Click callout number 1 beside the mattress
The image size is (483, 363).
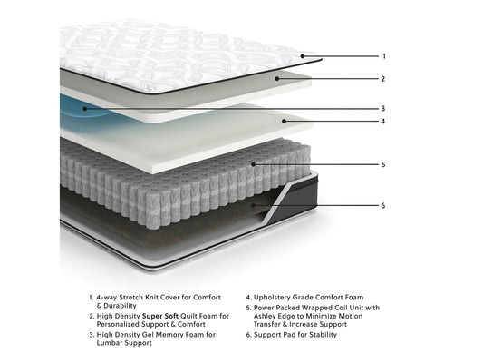384,56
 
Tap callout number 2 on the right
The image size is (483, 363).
383,79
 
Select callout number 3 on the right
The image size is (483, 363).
383,109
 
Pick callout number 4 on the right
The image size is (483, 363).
383,122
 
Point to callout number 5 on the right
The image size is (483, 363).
383,164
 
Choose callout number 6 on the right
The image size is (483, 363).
383,205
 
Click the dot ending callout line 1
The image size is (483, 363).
303,56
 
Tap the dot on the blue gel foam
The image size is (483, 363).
85,109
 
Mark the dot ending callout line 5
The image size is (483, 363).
253,164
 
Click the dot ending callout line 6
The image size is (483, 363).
253,205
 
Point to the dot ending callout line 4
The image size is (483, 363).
284,122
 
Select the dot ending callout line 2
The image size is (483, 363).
277,79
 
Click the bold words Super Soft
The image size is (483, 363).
160,316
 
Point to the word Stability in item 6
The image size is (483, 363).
324,335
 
